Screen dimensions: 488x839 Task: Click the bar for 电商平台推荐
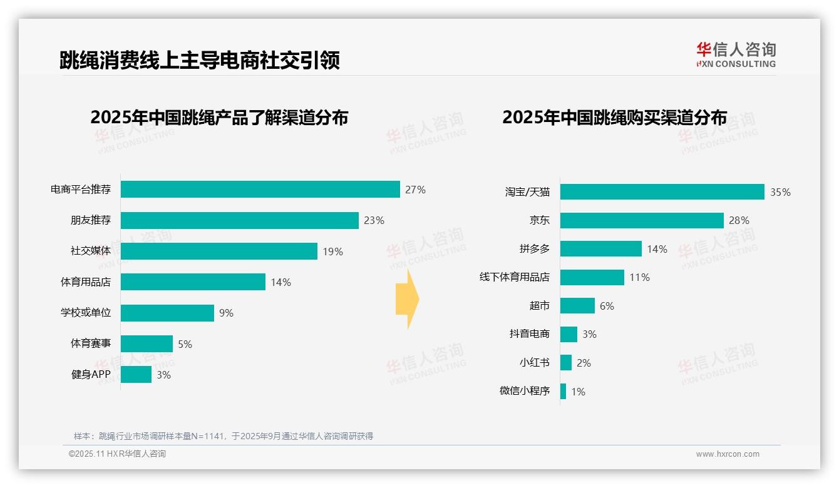pyautogui.click(x=260, y=190)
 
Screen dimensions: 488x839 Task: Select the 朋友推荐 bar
pyautogui.click(x=239, y=220)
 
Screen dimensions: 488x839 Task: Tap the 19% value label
pyautogui.click(x=332, y=252)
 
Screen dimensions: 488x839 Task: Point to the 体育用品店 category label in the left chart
pyautogui.click(x=85, y=282)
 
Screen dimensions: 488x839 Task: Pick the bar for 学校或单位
pyautogui.click(x=167, y=313)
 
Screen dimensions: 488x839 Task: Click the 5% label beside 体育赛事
pyautogui.click(x=185, y=344)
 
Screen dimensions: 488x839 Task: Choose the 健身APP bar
pyautogui.click(x=136, y=375)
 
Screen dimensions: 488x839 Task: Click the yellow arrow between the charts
pyautogui.click(x=407, y=299)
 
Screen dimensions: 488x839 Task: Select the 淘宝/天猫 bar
pyautogui.click(x=662, y=192)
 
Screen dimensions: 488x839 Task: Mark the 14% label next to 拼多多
pyautogui.click(x=657, y=249)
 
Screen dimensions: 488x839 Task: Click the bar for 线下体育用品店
pyautogui.click(x=592, y=277)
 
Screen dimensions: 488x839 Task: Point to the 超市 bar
pyautogui.click(x=577, y=306)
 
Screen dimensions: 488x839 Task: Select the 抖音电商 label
pyautogui.click(x=529, y=334)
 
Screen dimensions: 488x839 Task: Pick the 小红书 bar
pyautogui.click(x=566, y=363)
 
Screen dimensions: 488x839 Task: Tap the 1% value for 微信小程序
pyautogui.click(x=578, y=392)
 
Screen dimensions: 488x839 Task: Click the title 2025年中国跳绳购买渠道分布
pyautogui.click(x=614, y=118)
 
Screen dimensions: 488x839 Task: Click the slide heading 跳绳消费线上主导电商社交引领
pyautogui.click(x=199, y=61)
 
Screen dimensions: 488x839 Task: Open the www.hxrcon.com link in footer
pyautogui.click(x=727, y=454)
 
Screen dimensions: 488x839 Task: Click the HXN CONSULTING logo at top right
pyautogui.click(x=736, y=55)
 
